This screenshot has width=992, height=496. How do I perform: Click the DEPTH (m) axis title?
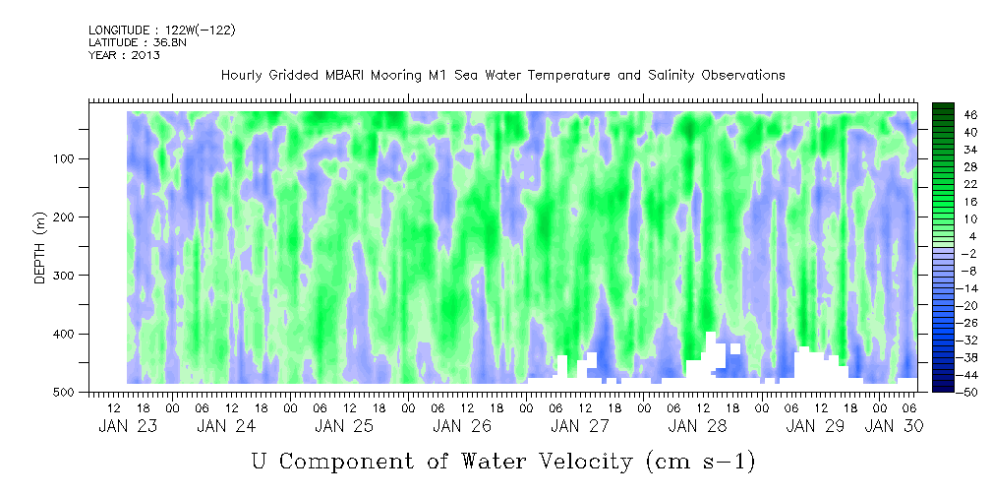pos(40,252)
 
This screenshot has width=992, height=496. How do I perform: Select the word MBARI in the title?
pos(348,75)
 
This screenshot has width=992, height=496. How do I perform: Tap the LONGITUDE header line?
pos(161,31)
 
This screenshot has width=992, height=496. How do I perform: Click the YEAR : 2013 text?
pos(124,55)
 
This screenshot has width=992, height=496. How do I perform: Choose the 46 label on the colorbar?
pos(944,115)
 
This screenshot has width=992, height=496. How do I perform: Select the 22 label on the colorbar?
pos(944,183)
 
